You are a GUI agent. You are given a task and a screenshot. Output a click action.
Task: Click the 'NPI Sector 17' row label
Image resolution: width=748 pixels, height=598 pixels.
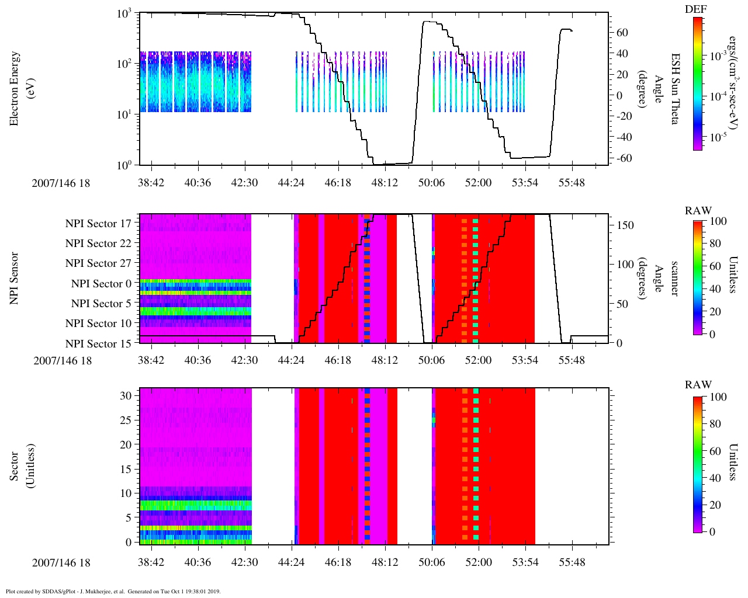pos(98,224)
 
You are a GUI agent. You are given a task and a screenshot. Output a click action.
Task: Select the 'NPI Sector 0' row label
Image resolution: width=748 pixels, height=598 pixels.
pos(101,284)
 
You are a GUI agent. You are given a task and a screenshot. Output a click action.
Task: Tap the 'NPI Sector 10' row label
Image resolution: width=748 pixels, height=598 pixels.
pos(98,324)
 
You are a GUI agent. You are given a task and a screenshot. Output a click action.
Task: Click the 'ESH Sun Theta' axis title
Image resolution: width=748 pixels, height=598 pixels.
pos(675,89)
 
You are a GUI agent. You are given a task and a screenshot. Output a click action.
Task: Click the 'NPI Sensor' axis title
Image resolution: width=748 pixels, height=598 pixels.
pos(15,278)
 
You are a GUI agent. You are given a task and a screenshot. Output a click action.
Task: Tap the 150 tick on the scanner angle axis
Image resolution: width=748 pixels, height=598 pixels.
pos(625,225)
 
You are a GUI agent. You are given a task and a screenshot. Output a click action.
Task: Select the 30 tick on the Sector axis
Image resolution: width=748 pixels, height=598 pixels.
pos(126,395)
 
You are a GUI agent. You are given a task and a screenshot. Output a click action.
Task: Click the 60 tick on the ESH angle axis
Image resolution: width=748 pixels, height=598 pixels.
pos(622,33)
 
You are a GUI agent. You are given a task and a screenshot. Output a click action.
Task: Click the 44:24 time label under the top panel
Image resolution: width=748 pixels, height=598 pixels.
pos(291,183)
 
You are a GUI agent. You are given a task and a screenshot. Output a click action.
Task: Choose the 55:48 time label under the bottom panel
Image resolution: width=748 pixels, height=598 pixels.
pos(571,563)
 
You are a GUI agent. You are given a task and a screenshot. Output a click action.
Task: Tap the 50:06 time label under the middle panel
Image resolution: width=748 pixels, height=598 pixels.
pos(431,360)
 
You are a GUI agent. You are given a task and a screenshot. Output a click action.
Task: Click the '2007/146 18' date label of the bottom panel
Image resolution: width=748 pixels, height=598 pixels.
pos(61,563)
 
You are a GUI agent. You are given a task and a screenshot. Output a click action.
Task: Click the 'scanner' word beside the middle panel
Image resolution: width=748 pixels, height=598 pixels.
pos(675,278)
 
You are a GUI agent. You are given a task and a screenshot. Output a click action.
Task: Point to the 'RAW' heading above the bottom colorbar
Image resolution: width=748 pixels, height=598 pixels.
pos(698,385)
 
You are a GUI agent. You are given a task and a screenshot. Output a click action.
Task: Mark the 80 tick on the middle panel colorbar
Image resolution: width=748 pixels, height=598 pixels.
pos(715,244)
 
